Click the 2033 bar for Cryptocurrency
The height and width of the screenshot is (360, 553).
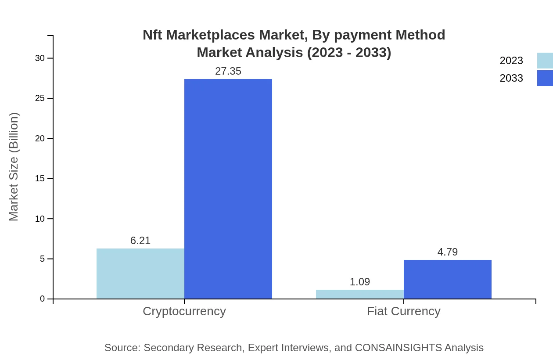pos(228,189)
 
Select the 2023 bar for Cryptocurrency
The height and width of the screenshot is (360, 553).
pos(140,274)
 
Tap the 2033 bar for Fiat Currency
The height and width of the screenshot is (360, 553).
pos(448,279)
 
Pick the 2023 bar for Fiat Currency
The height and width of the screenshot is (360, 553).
pos(360,294)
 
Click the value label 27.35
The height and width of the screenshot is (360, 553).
pos(228,71)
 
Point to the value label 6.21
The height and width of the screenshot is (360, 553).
pos(140,241)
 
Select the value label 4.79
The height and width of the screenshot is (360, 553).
pos(448,252)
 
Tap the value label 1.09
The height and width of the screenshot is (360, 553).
pos(360,282)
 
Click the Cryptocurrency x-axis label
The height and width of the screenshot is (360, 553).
pos(184,311)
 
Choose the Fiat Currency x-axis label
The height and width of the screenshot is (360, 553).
pos(404,311)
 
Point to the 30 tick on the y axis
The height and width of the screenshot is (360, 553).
pos(40,58)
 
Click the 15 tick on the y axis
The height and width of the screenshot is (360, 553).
pos(40,179)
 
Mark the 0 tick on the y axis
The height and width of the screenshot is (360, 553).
pos(43,299)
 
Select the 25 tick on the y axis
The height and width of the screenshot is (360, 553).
pos(40,98)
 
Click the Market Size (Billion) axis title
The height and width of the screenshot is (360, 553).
pos(14,167)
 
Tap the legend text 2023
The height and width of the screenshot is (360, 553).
pos(511,61)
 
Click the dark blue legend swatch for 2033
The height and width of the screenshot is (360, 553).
pos(545,78)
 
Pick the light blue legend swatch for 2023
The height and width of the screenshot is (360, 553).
pos(545,61)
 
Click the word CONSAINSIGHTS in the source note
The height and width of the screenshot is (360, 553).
pos(398,348)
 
